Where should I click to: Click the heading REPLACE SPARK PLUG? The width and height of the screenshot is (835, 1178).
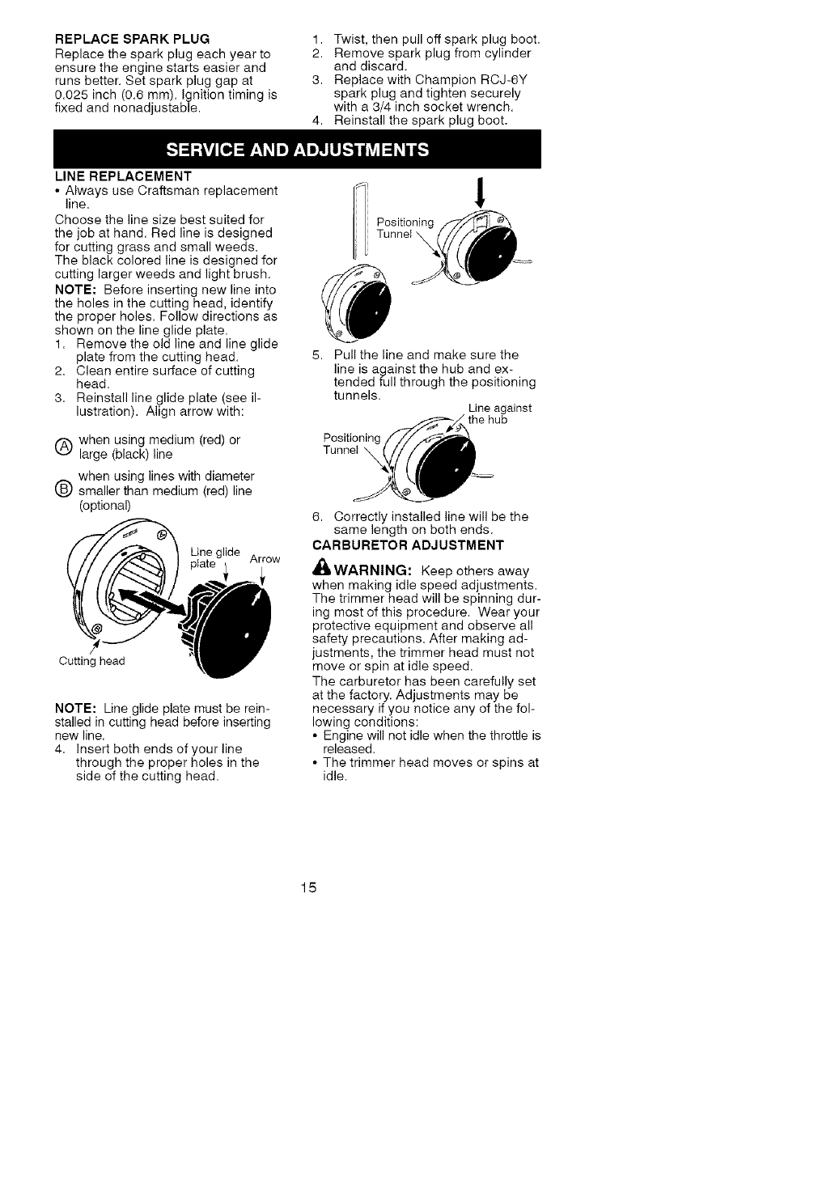point(132,38)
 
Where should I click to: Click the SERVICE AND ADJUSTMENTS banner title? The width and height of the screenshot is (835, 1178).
point(297,150)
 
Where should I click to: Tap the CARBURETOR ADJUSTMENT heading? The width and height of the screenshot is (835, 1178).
point(408,544)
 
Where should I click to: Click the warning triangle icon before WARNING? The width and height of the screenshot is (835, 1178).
point(320,570)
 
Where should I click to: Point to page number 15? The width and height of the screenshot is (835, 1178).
point(308,888)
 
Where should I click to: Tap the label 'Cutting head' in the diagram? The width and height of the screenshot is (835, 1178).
point(92,661)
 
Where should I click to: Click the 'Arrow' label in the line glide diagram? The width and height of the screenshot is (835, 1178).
point(265,559)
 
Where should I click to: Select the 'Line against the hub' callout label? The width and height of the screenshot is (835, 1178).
point(499,414)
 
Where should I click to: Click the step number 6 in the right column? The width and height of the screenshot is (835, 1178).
point(316,516)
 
